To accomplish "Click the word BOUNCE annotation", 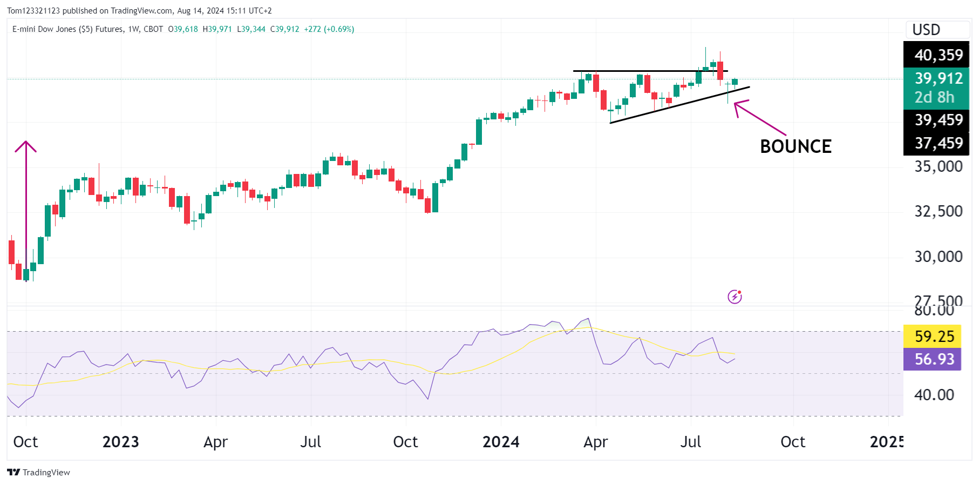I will coord(796,146).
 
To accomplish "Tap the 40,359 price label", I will coord(938,55).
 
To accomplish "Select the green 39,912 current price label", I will coord(938,79).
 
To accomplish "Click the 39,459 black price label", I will coord(938,120).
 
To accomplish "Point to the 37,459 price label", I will coord(938,143).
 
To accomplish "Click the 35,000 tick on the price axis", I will coord(938,166).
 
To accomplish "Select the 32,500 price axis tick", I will coord(938,211).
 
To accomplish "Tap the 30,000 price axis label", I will coord(938,257).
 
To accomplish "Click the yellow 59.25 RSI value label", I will coord(934,337).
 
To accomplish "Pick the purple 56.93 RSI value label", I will coord(934,359).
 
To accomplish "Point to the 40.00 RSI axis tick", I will coord(934,395).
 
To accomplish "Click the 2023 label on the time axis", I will coord(120,442).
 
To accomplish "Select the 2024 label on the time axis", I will coord(500,442).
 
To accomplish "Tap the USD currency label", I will coord(926,30).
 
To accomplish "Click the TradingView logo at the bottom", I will coord(38,472).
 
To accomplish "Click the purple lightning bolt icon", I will coord(735,297).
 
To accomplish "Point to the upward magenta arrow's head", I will coord(25,143).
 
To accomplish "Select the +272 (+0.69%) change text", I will coord(329,29).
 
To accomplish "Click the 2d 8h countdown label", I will coord(934,97).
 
